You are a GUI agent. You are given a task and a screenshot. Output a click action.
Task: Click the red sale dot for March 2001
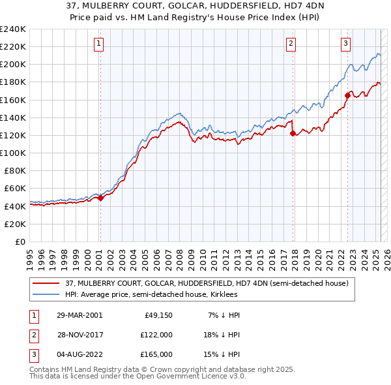101,198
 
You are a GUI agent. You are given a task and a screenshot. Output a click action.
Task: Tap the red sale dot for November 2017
293,134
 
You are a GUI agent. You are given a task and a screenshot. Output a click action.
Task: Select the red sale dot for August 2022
347,96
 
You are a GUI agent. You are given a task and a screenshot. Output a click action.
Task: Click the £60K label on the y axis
16,189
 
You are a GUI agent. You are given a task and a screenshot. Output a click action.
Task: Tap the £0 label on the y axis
20,241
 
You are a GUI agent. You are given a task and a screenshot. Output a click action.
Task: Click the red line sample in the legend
47,283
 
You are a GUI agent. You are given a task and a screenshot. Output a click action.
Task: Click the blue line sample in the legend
47,294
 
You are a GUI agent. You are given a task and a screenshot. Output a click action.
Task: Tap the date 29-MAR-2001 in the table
80,315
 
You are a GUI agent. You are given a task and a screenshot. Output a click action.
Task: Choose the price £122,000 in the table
156,335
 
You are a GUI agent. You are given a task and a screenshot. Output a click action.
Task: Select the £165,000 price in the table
156,354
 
